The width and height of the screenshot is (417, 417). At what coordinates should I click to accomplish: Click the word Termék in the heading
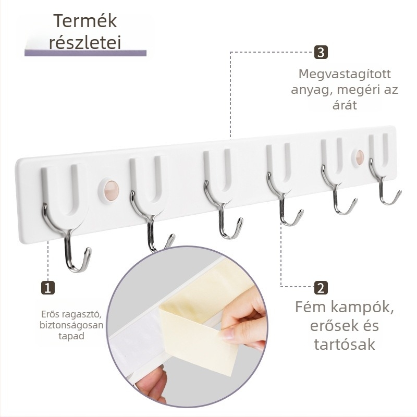(85, 21)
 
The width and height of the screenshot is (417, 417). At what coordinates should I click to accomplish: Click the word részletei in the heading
(85, 42)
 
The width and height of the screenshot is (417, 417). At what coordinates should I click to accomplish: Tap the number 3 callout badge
(321, 52)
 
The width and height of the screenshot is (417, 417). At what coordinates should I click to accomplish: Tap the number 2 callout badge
(321, 288)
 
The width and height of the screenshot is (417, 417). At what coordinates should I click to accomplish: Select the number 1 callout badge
(48, 288)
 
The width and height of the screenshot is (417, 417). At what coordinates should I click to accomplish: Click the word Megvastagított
(345, 74)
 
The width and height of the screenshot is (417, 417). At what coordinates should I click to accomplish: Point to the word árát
(345, 105)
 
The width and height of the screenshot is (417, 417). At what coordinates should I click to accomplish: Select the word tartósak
(345, 345)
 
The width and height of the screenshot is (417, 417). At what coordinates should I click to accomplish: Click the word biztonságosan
(71, 325)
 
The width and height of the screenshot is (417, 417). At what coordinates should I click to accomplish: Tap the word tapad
(71, 336)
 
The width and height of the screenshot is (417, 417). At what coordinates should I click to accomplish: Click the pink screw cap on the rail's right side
(360, 157)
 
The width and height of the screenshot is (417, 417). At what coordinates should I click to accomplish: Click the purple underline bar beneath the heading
(85, 53)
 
